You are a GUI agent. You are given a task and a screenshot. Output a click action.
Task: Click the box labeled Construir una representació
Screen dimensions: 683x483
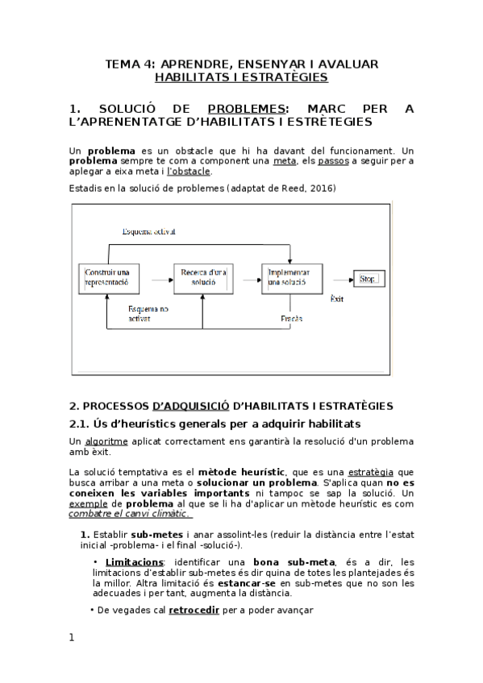tap(108, 279)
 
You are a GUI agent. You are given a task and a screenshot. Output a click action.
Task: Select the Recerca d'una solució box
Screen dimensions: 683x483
tap(202, 279)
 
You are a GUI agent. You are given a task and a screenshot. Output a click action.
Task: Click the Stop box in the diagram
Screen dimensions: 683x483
tap(368, 279)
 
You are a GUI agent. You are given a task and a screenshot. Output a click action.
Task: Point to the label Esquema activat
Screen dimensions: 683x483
tap(148, 232)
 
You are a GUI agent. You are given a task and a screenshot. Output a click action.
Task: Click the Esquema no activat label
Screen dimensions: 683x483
tap(148, 313)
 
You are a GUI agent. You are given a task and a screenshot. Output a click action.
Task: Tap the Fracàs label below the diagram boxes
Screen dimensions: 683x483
tap(291, 318)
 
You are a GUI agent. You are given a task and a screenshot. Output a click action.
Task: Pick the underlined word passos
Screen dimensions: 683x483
tap(334, 161)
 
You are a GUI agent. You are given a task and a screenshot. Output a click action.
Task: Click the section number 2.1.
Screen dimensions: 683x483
tap(80, 424)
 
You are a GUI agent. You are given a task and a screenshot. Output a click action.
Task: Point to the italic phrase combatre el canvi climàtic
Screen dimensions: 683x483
tap(129, 514)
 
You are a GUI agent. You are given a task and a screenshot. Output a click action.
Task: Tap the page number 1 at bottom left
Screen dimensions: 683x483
tap(72, 638)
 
